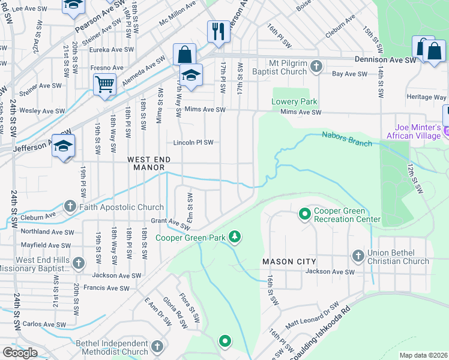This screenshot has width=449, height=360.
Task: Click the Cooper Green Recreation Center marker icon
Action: point(305,214)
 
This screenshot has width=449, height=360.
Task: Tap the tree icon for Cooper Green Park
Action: point(236,238)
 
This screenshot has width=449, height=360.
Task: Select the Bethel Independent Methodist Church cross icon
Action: point(157,347)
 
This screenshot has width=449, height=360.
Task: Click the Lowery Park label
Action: point(294,102)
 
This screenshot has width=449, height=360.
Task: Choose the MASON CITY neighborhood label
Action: point(285,262)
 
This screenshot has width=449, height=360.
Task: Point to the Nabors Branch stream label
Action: point(346,139)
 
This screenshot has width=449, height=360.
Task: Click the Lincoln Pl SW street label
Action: point(193,143)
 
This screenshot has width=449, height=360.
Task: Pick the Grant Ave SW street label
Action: point(171,224)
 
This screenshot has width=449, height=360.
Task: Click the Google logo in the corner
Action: point(20,353)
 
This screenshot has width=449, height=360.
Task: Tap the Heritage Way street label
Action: point(427,97)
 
